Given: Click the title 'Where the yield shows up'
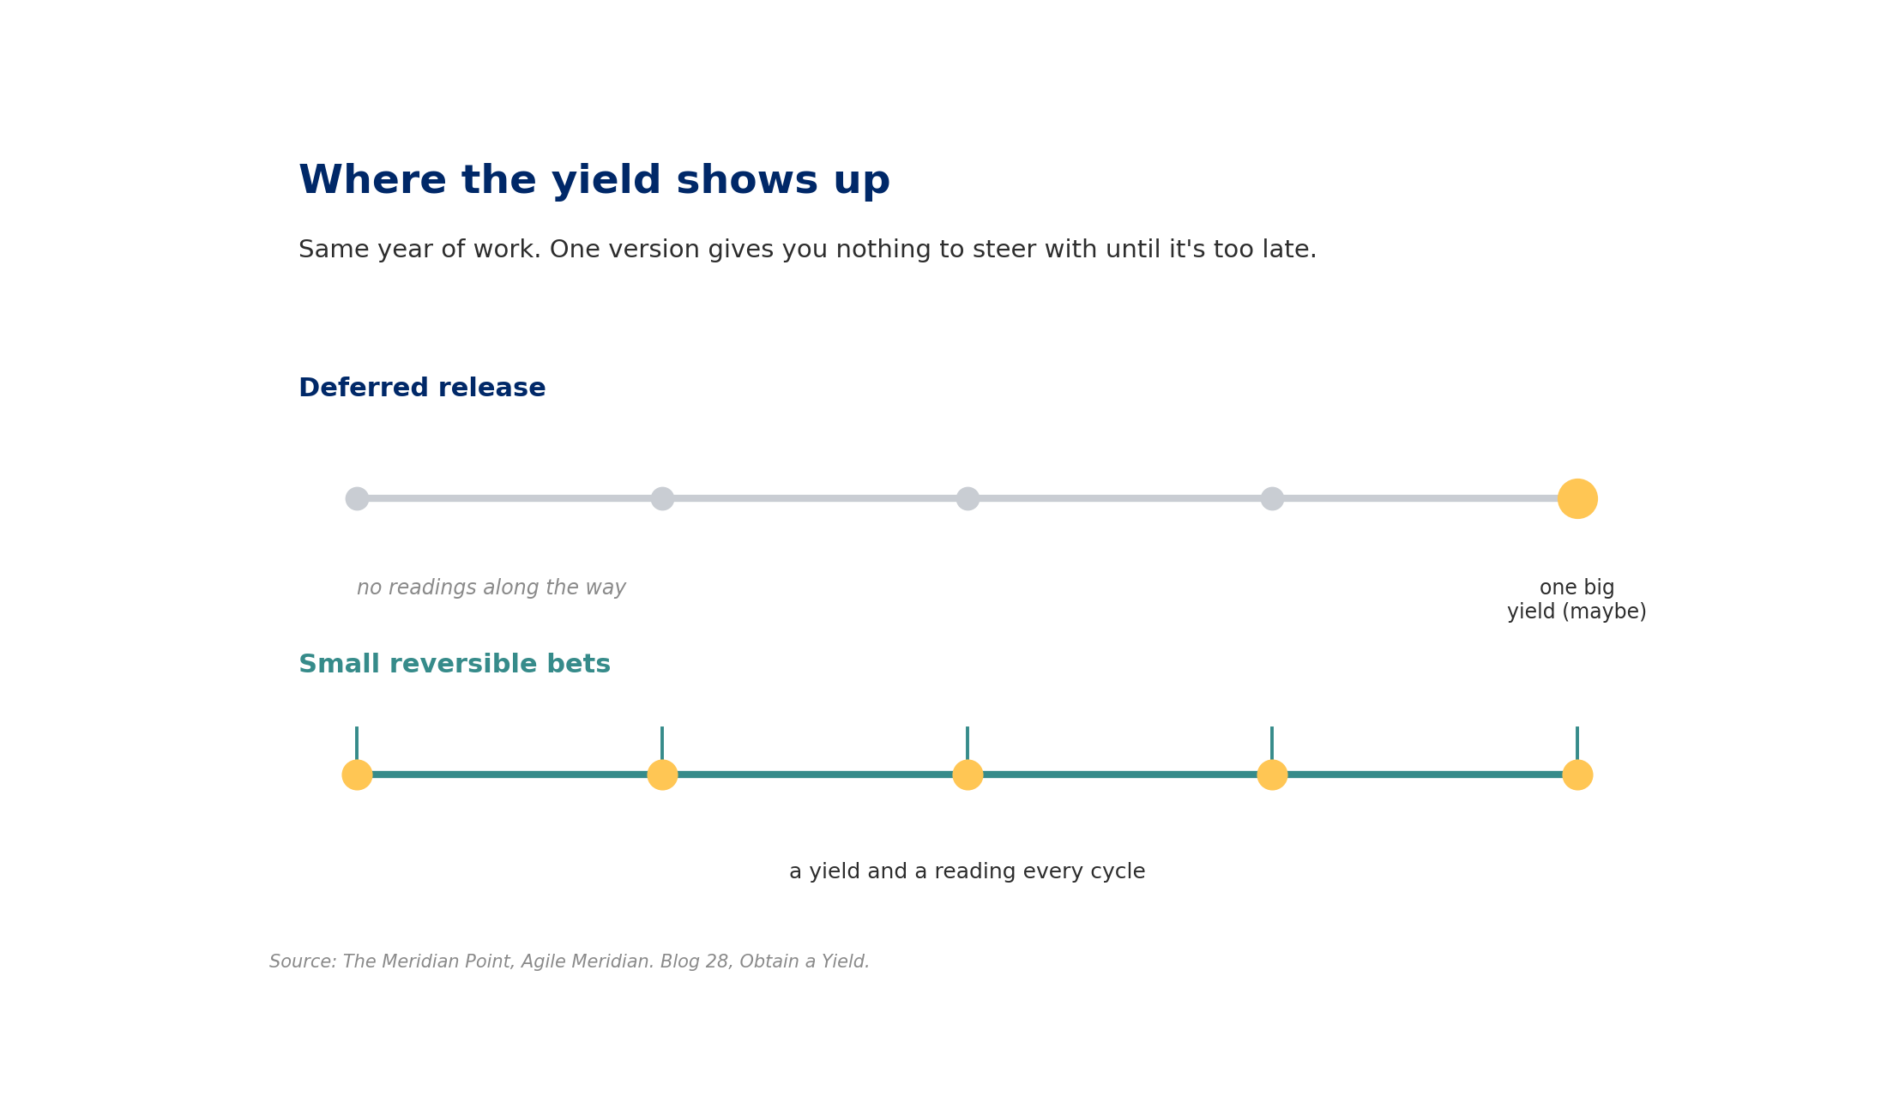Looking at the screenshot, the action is point(594,181).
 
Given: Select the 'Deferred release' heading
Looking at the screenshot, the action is point(422,388).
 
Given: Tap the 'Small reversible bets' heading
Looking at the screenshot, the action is point(455,665).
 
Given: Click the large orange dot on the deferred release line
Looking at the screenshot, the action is point(1577,498).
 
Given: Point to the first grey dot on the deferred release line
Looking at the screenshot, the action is point(357,498).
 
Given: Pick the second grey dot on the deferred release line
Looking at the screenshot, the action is point(662,498).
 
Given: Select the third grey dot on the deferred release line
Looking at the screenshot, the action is point(968,498).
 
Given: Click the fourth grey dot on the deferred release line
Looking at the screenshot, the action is point(1272,498).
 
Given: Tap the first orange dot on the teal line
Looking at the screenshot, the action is point(357,774).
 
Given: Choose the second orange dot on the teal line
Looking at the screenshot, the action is point(662,774).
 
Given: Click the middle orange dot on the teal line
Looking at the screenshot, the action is point(968,774).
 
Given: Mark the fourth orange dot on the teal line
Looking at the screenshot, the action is point(1272,774).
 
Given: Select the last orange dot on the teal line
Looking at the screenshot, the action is point(1577,774).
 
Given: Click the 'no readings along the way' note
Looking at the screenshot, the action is point(491,588).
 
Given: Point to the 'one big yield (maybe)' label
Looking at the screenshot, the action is point(1577,600).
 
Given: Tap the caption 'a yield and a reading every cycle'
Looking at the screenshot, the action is point(968,871).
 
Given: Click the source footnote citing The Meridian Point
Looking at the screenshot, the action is point(570,962).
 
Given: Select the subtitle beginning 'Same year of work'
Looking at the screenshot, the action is point(807,250).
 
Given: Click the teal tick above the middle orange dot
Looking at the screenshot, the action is point(968,744).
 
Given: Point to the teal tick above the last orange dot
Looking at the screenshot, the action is point(1577,744).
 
